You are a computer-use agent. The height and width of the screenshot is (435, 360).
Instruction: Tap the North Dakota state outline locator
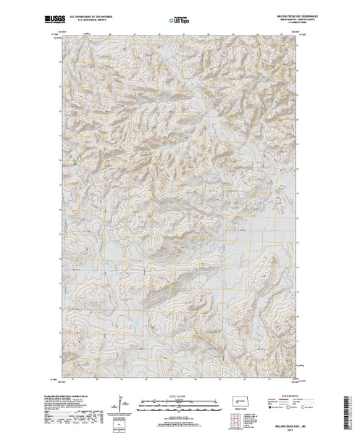pos(240,400)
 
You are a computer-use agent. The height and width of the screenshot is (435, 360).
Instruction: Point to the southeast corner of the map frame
pos(298,378)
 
